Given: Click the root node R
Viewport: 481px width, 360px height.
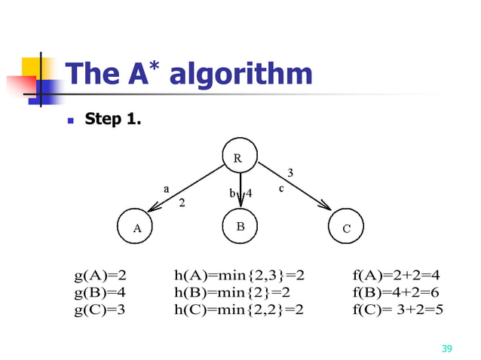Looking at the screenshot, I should pyautogui.click(x=239, y=157).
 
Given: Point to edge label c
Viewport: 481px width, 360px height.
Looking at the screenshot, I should pyautogui.click(x=282, y=189).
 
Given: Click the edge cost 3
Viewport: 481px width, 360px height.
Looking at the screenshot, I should pyautogui.click(x=291, y=173).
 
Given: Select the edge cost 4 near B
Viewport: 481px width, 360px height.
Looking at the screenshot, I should pyautogui.click(x=250, y=193).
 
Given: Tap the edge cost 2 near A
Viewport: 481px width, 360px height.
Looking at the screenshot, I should pyautogui.click(x=182, y=203).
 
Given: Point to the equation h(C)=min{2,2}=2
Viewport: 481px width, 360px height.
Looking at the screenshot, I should pyautogui.click(x=238, y=308).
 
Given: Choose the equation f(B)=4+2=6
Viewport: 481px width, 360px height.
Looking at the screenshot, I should pyautogui.click(x=396, y=292).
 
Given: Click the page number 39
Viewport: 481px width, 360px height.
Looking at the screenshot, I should pyautogui.click(x=446, y=348).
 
